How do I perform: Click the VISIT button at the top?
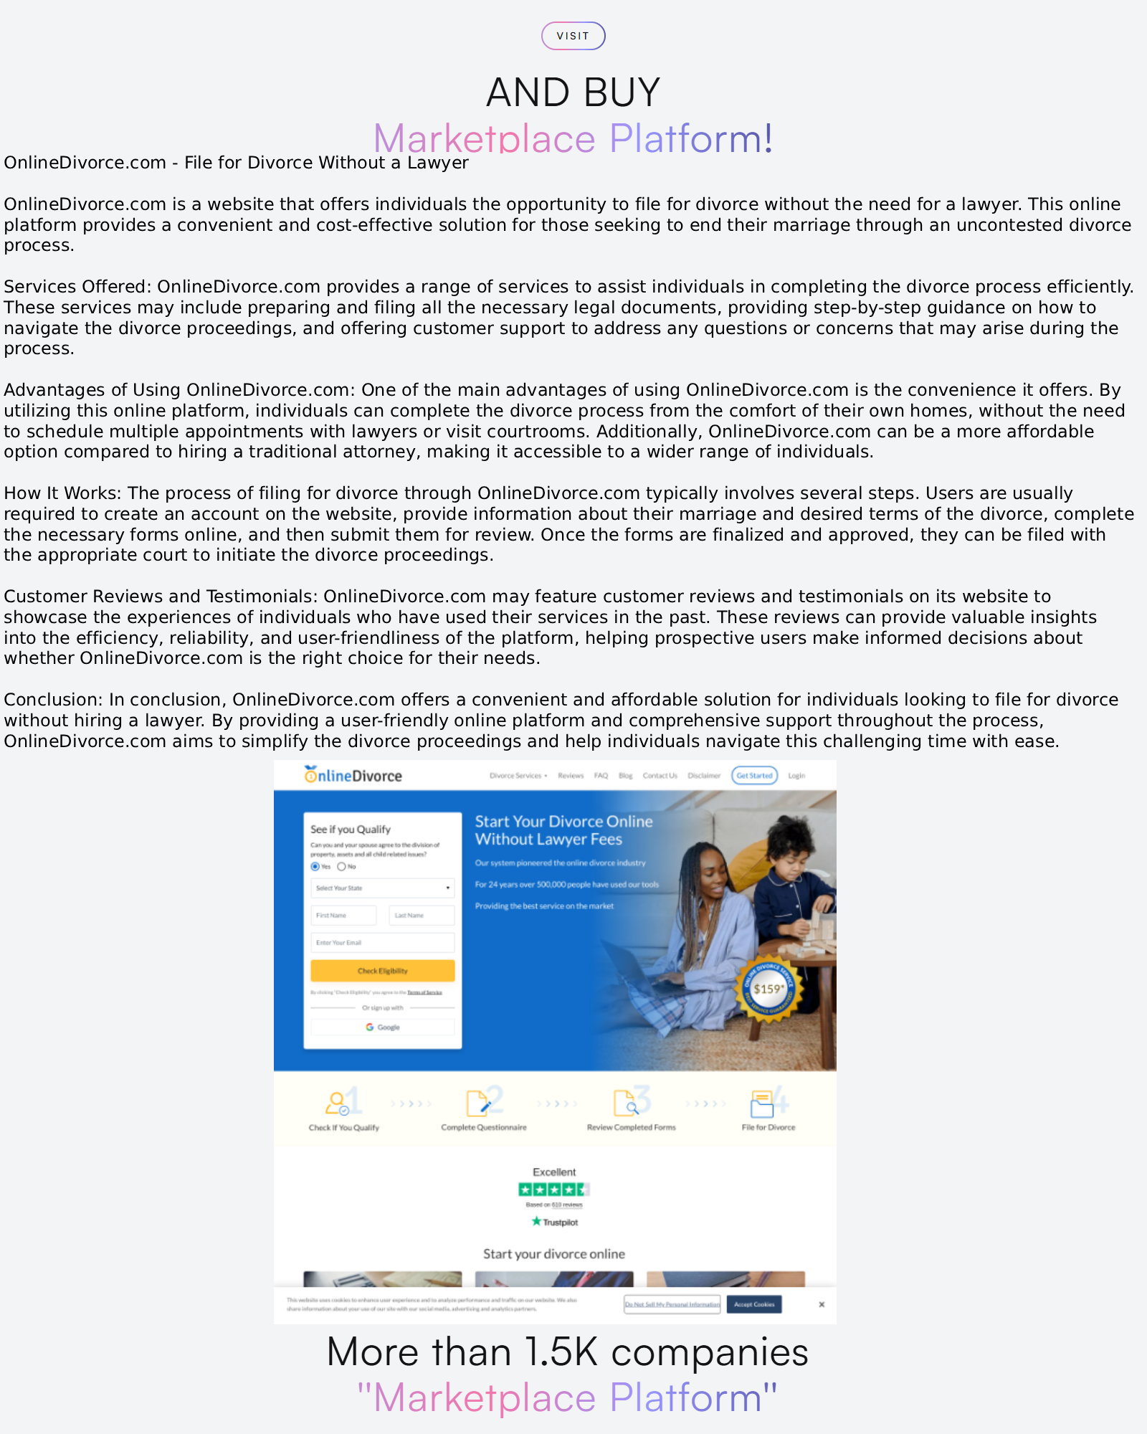(x=573, y=36)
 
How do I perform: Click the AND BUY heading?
(x=573, y=92)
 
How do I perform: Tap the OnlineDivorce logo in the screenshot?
(x=353, y=775)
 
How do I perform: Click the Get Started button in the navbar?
(x=754, y=775)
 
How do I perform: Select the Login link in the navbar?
(x=796, y=775)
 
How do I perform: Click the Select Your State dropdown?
(x=383, y=888)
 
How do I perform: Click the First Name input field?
(x=343, y=915)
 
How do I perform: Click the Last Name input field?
(x=422, y=915)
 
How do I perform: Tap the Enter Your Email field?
(x=383, y=942)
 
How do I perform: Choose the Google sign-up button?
(x=383, y=1027)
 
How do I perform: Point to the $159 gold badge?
(x=768, y=989)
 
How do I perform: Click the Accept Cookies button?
(x=754, y=1304)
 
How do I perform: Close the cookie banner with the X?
(x=822, y=1304)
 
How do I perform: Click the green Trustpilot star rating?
(x=553, y=1190)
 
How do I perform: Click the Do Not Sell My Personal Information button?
(x=672, y=1304)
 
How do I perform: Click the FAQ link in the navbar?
(x=601, y=775)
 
